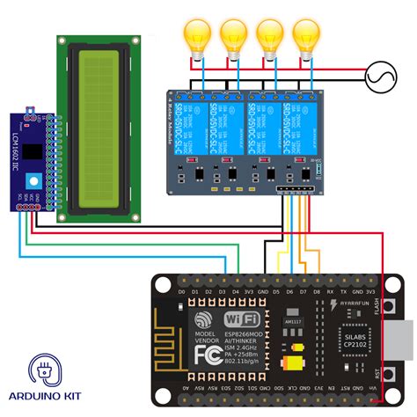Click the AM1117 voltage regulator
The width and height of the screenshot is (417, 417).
point(293,325)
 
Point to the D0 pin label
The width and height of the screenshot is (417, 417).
point(181,290)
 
